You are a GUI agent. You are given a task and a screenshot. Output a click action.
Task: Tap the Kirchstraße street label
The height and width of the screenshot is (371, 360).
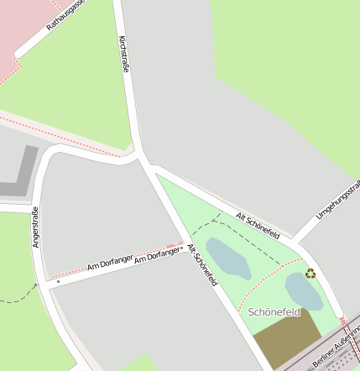click(x=125, y=56)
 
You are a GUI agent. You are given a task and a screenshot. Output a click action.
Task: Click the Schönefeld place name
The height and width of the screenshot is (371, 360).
click(x=274, y=312)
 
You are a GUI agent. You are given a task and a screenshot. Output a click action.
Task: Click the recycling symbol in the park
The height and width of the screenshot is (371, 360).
click(x=310, y=273)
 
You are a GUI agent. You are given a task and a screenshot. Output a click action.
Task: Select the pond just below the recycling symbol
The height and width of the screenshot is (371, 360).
click(x=302, y=291)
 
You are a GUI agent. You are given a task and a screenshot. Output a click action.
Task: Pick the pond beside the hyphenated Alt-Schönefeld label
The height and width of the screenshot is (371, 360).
click(x=227, y=259)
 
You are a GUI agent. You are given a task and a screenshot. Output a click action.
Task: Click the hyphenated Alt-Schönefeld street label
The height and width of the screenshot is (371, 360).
click(x=202, y=265)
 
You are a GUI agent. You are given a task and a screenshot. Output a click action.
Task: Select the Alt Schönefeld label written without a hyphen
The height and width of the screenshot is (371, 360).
click(x=258, y=226)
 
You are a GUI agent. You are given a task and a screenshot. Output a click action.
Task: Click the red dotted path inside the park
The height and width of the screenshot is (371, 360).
click(x=260, y=285)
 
